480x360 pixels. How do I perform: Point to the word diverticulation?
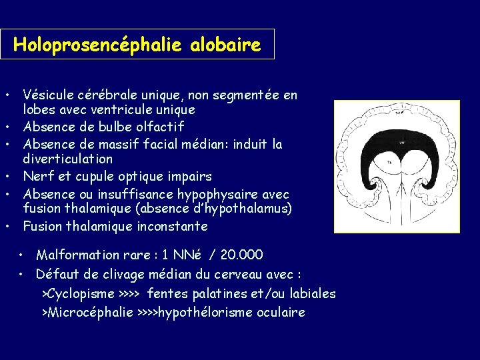(68, 159)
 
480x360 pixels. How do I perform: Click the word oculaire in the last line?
(280, 312)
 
